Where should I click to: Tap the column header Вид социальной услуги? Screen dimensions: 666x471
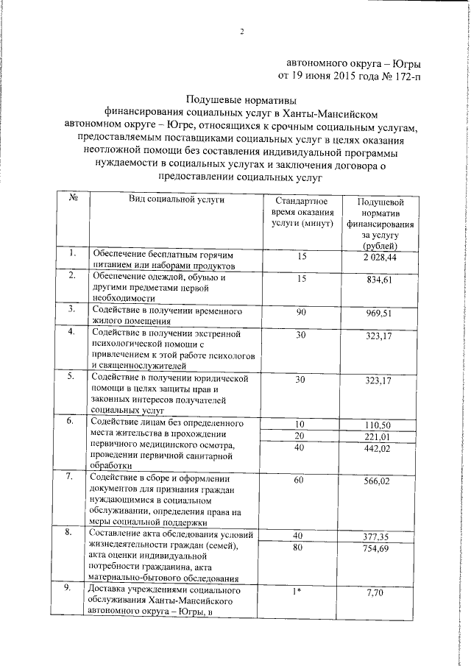177,199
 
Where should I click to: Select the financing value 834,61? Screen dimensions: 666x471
380,281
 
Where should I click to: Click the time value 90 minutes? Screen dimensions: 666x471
301,313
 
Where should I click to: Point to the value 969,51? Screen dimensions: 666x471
380,313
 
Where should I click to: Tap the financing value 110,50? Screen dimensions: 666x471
380,425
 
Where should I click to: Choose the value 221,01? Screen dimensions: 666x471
380,438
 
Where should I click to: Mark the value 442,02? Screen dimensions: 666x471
380,450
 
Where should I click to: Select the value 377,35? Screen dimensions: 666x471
380,536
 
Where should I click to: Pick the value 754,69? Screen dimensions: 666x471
380,549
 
